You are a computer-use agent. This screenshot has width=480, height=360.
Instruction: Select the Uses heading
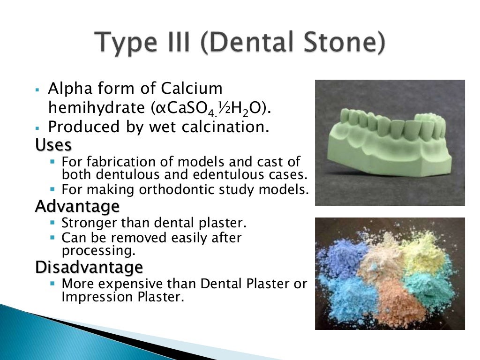point(53,145)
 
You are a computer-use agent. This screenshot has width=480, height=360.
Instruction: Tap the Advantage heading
point(77,206)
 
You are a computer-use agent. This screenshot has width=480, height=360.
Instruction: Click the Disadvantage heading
point(89,267)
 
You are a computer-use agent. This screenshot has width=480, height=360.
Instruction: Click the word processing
point(98,251)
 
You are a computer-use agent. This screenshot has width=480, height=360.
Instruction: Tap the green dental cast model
point(389,141)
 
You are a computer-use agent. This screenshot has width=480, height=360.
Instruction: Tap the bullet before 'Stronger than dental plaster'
point(52,223)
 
